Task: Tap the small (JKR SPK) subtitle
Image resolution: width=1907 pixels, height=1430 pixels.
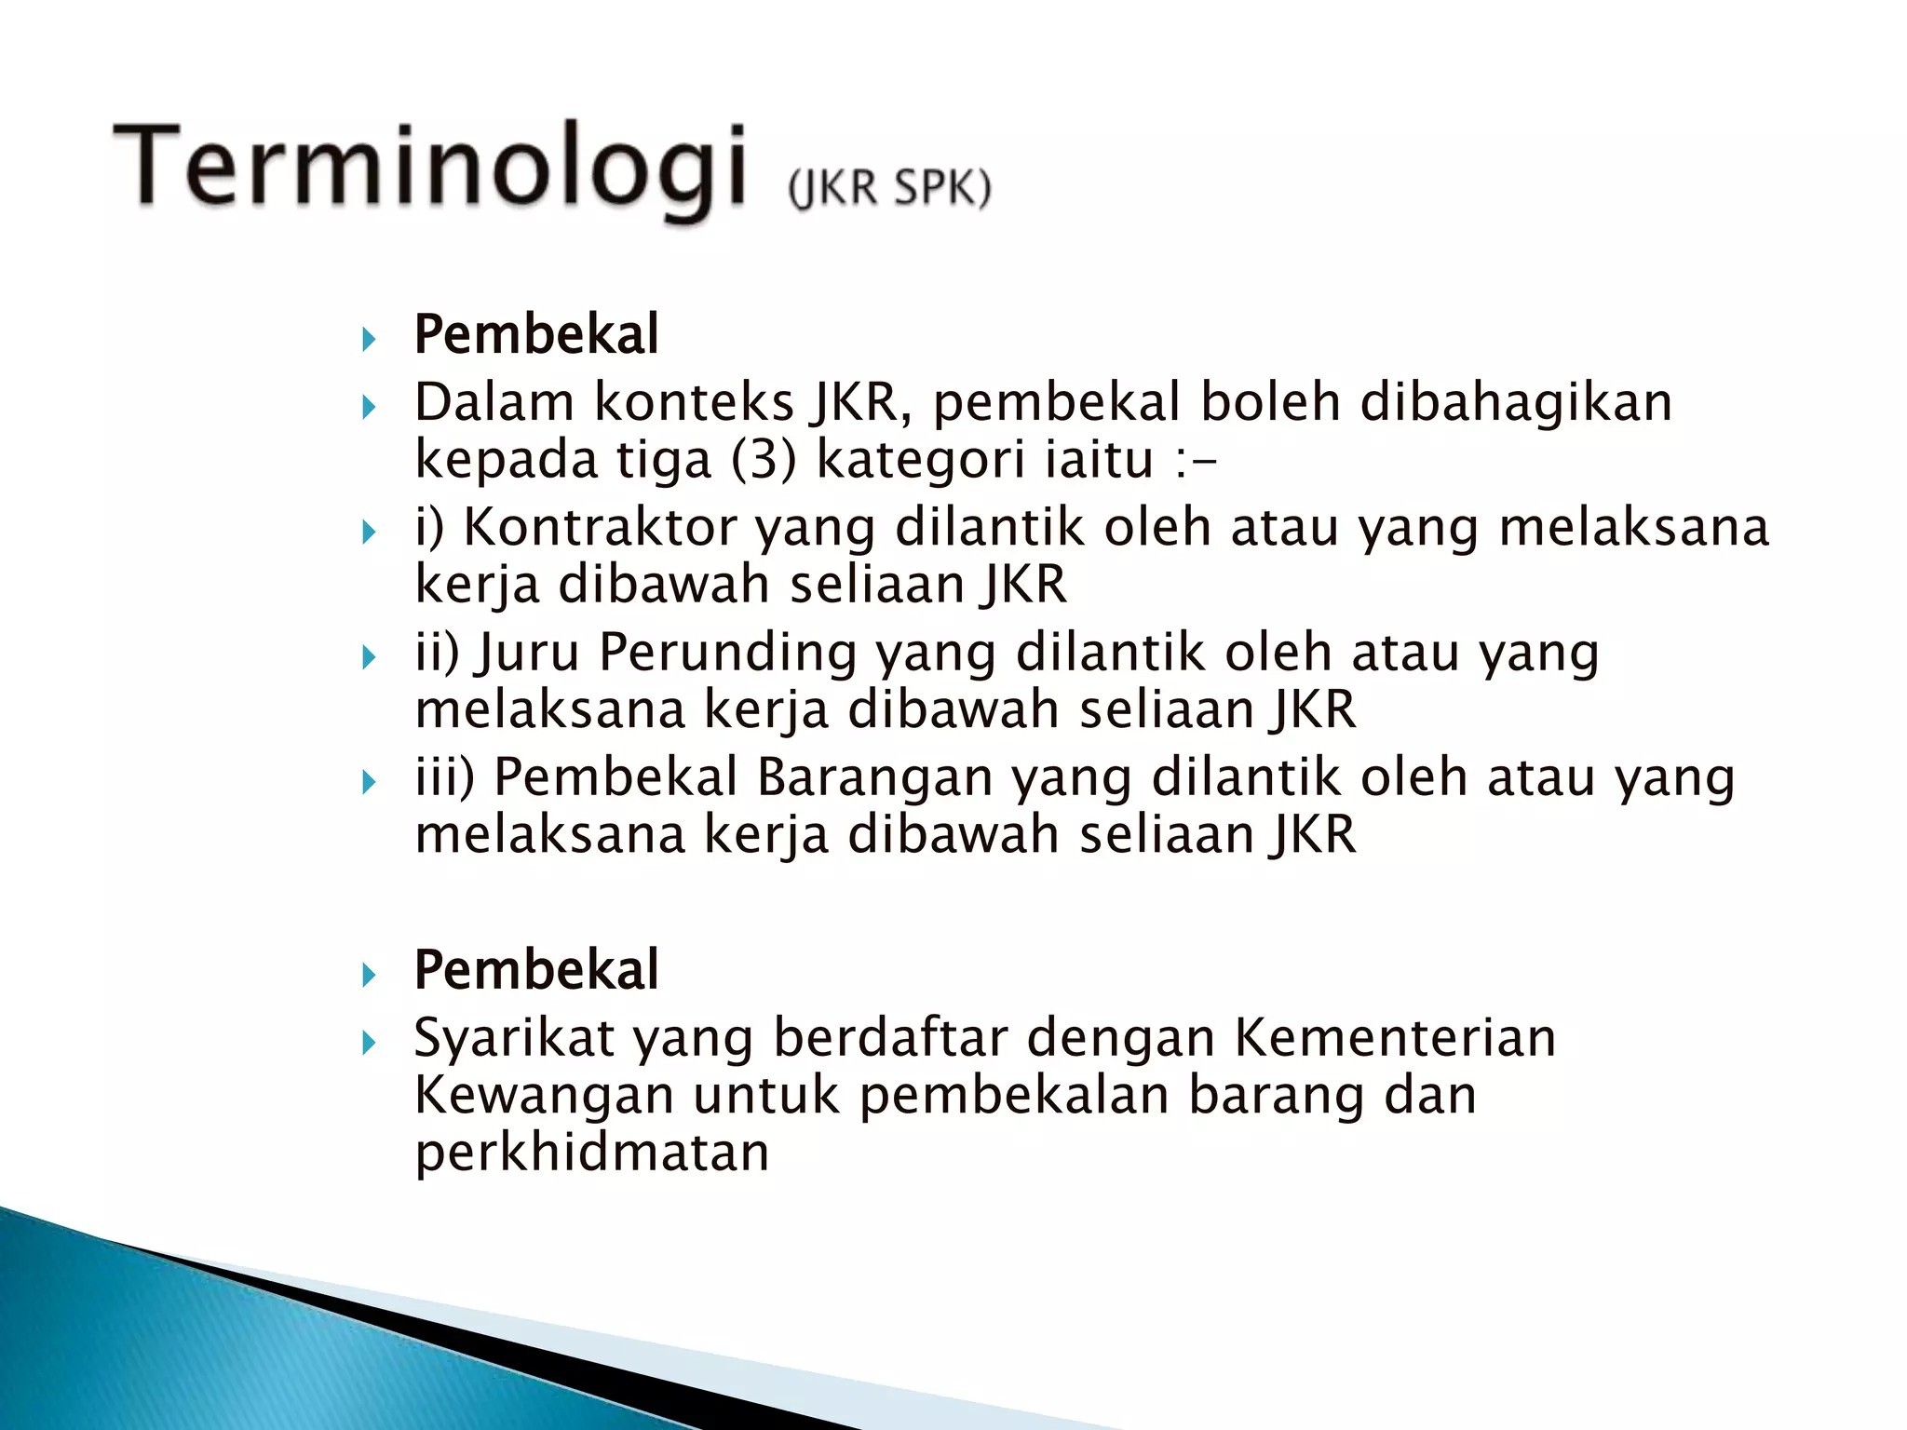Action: tap(889, 188)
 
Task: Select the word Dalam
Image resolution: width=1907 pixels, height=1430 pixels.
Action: tap(494, 403)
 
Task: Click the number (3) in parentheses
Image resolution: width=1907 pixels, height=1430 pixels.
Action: tap(764, 460)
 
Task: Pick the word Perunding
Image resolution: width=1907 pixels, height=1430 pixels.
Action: tap(727, 653)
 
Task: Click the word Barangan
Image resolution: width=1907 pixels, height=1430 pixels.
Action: tap(875, 777)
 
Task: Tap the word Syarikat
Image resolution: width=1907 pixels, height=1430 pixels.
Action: tap(515, 1039)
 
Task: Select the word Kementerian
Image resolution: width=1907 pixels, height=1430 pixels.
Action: tap(1395, 1038)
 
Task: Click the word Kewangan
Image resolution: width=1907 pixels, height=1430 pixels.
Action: tap(544, 1096)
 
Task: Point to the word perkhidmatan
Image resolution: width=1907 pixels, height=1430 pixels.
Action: tap(592, 1153)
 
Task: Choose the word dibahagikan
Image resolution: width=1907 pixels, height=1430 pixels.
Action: tap(1516, 403)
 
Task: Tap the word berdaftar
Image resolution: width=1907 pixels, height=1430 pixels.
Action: tap(891, 1038)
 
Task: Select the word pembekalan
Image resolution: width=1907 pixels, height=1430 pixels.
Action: tap(1014, 1096)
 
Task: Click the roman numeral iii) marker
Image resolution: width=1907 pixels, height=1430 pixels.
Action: tap(445, 777)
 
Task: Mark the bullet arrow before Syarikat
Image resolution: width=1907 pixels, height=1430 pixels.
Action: tap(369, 1043)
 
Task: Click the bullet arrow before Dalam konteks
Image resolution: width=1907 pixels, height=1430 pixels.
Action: tap(369, 407)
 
